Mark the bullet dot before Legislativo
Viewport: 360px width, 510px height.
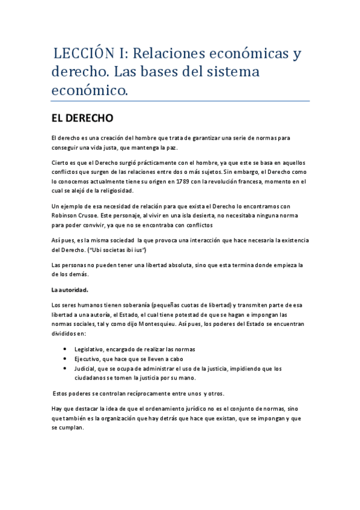point(64,349)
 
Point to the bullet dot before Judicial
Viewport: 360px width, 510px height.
point(64,369)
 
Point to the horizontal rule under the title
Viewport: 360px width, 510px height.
point(180,101)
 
